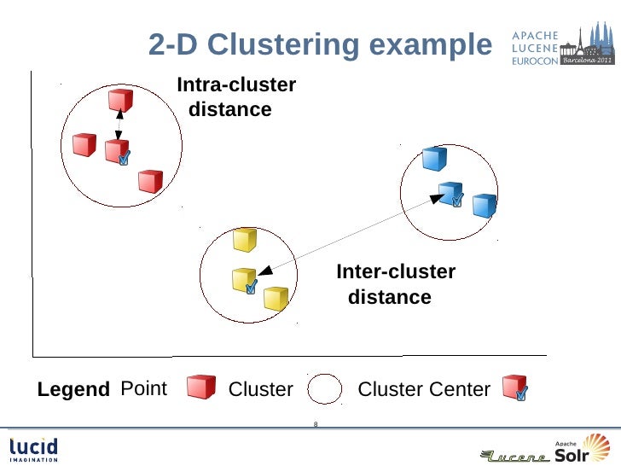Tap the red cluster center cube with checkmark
(x=117, y=152)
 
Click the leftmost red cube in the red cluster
(x=84, y=145)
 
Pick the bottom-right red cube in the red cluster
(x=150, y=181)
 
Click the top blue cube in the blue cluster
(x=435, y=159)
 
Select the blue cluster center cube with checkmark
(x=450, y=195)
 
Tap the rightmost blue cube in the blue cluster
(x=485, y=206)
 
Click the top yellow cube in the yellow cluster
(x=245, y=240)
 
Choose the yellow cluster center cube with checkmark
(x=245, y=281)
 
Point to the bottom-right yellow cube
(x=275, y=298)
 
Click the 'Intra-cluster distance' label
(x=235, y=97)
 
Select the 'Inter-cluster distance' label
(x=395, y=284)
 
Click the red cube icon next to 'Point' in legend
(x=201, y=387)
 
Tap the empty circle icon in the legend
(x=325, y=390)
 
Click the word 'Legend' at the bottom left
(x=73, y=390)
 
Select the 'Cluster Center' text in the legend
(x=424, y=390)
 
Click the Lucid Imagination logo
(x=34, y=449)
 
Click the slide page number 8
(x=316, y=424)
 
